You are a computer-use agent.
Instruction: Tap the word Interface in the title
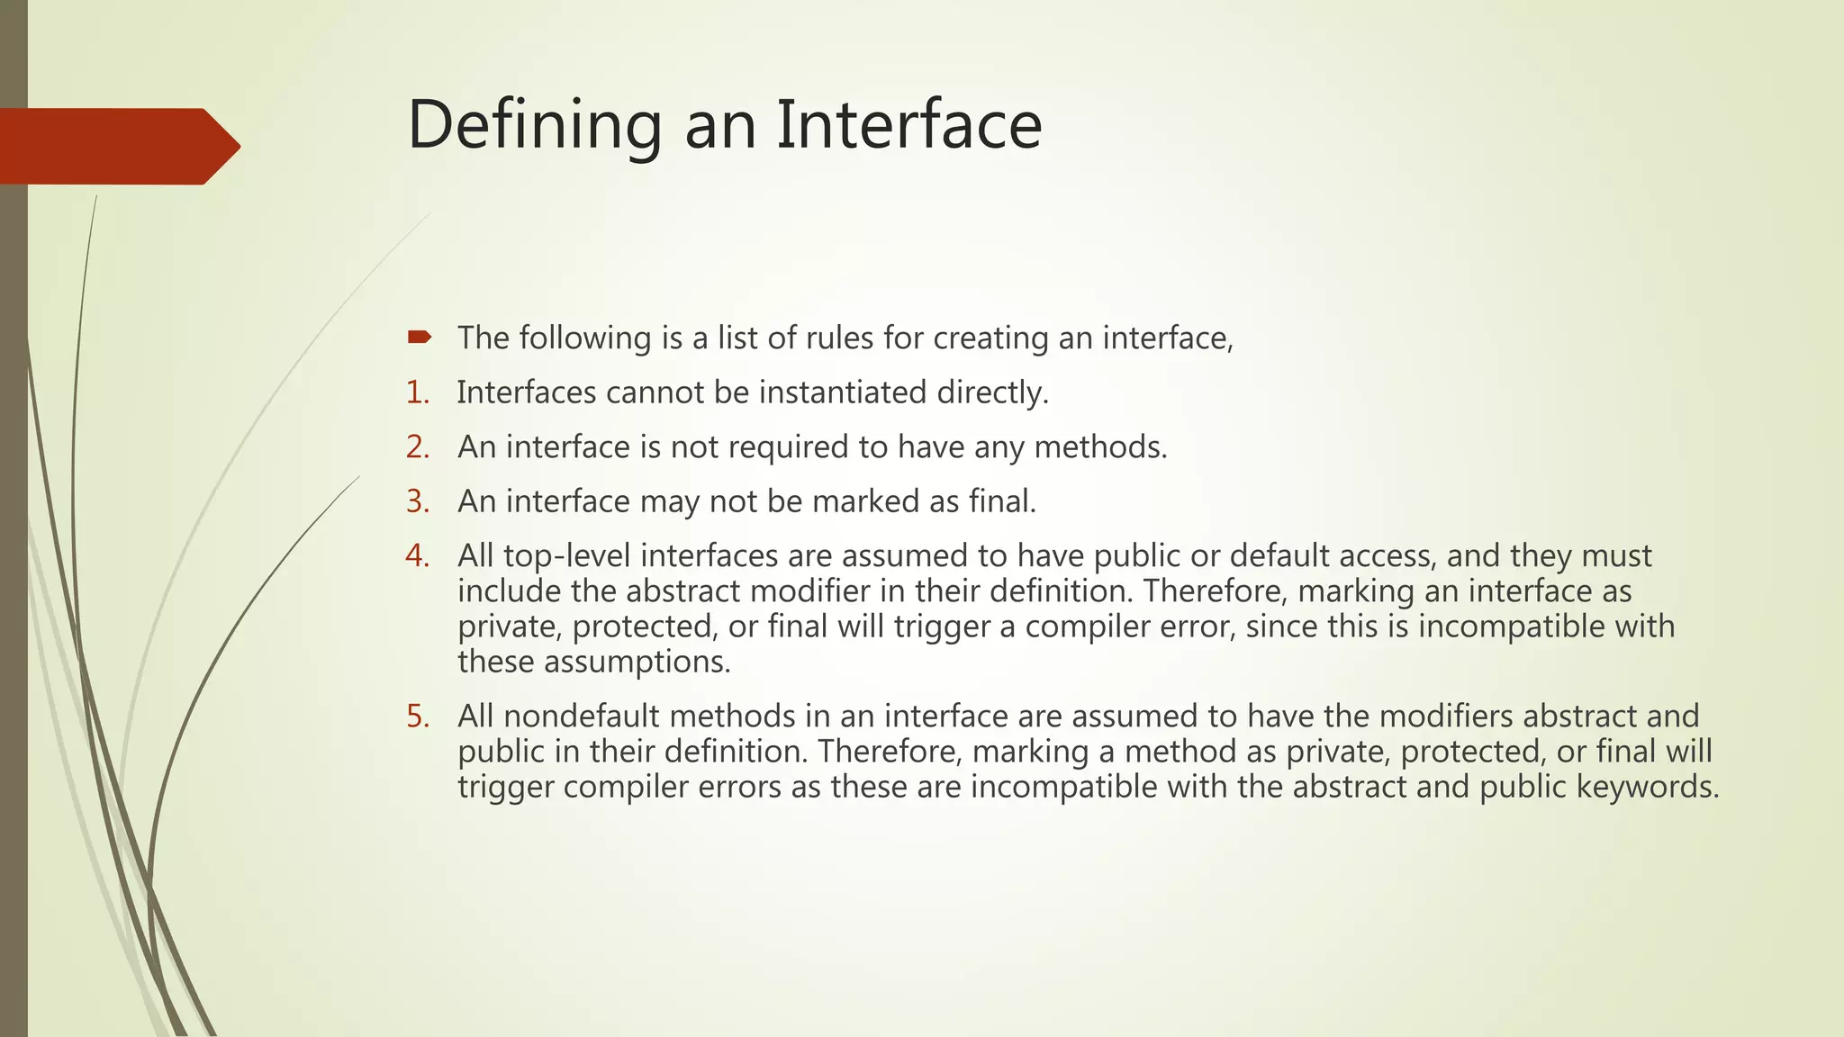tap(908, 125)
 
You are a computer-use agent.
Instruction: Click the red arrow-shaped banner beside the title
tap(117, 146)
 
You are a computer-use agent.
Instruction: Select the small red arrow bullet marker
tap(419, 338)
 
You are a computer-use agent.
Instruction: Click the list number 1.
tap(417, 392)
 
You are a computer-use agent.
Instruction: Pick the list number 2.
tap(417, 447)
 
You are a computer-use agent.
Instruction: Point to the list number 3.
tap(417, 501)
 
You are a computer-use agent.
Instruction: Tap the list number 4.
tap(417, 556)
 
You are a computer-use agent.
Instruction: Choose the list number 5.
tap(417, 717)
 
